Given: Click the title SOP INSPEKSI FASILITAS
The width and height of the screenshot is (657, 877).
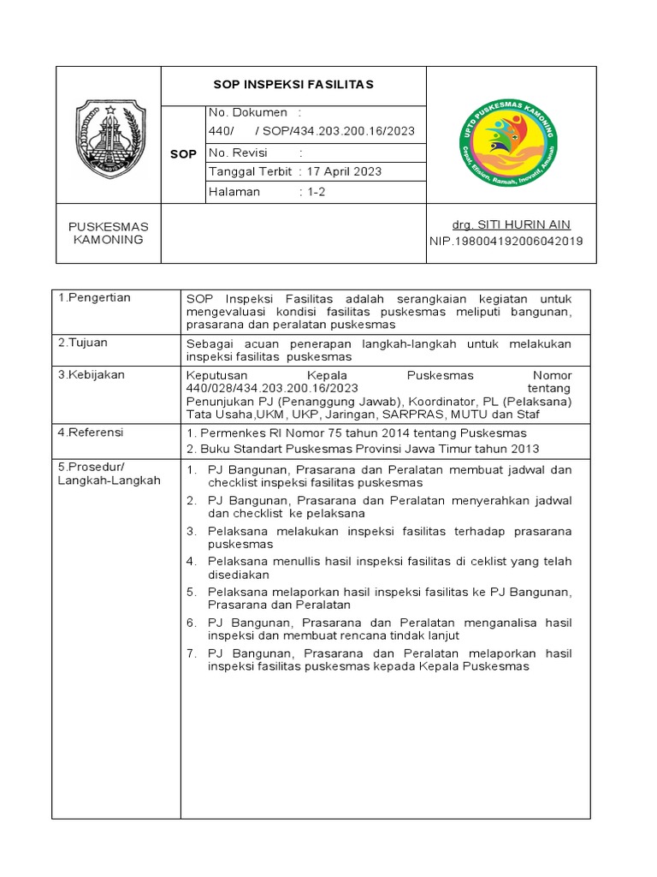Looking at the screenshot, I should point(293,85).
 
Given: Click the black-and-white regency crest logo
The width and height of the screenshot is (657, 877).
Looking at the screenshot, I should point(110,137).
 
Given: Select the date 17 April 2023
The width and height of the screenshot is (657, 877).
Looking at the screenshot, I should point(345,172).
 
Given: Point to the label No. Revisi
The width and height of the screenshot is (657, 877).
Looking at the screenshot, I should point(239,152).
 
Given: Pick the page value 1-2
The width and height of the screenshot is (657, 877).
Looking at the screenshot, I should point(317,193).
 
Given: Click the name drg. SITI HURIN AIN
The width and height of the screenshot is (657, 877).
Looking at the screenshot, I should point(511,225).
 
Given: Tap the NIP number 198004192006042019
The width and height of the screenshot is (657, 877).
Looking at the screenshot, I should point(506,242).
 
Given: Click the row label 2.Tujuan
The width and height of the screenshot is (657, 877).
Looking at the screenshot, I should point(83,343).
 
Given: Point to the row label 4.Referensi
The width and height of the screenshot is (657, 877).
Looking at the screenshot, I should point(90,433).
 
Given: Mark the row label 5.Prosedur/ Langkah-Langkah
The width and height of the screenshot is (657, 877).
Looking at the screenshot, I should point(109,474).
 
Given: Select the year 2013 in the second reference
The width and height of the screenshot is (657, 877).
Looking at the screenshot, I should point(524,450).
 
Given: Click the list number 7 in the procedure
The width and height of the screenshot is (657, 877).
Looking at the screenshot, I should point(192,653).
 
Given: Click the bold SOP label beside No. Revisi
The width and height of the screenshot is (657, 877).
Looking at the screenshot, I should point(184,154).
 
